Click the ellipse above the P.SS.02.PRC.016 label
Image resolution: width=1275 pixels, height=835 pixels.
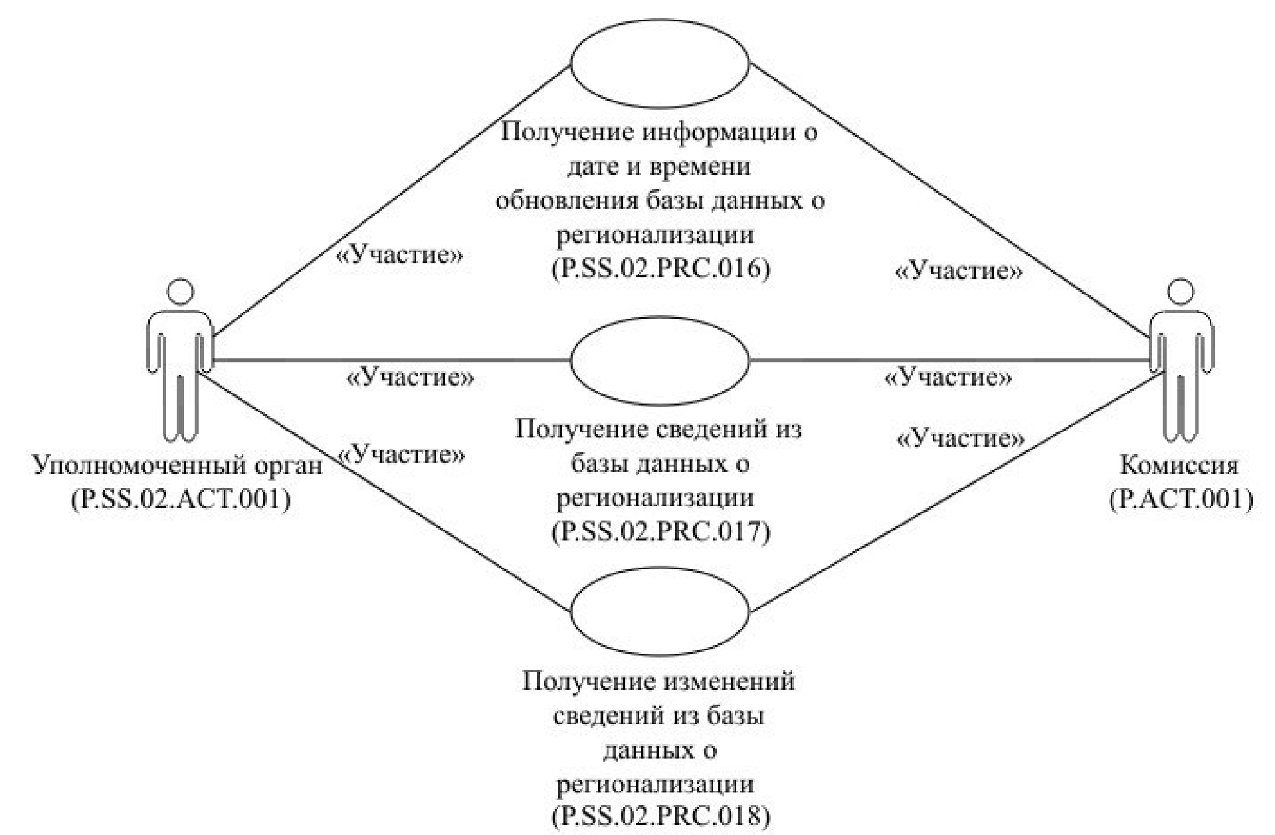click(x=660, y=63)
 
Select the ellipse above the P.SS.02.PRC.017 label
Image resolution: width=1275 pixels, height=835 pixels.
click(x=660, y=361)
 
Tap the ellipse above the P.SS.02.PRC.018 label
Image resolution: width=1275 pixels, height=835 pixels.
click(x=660, y=612)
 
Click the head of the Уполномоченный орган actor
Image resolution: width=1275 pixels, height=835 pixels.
click(x=181, y=293)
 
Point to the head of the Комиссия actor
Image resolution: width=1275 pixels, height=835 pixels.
click(x=1181, y=293)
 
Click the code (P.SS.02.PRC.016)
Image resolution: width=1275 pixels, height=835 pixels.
click(x=660, y=269)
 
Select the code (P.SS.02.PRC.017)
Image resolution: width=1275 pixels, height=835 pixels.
click(x=660, y=531)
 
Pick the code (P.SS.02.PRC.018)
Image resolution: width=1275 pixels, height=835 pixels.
click(x=660, y=816)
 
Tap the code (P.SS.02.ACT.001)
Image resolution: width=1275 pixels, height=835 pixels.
click(x=181, y=499)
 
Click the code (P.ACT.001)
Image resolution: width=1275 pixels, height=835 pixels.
click(x=1181, y=499)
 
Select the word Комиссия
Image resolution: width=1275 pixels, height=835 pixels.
click(x=1179, y=465)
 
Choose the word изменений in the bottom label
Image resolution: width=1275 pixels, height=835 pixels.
click(x=729, y=681)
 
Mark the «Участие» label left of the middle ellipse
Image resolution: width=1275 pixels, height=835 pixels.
click(x=411, y=378)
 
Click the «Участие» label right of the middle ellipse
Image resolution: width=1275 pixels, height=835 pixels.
click(x=948, y=378)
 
